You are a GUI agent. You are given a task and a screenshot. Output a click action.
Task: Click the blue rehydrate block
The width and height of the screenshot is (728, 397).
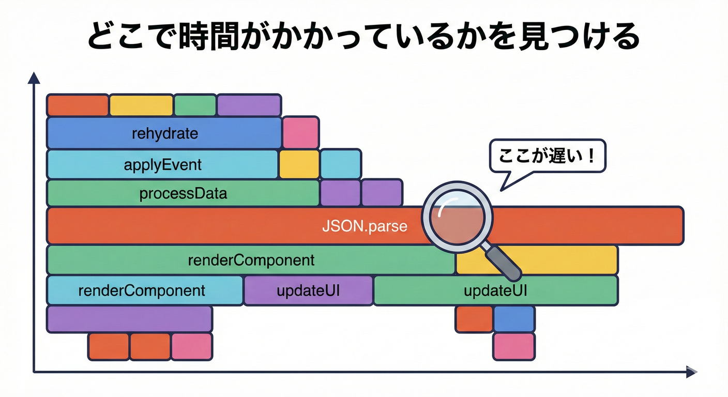tap(164, 133)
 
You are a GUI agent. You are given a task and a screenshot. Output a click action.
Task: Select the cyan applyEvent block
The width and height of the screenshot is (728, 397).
tap(162, 164)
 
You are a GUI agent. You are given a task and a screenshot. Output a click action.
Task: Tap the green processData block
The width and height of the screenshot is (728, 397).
tap(183, 194)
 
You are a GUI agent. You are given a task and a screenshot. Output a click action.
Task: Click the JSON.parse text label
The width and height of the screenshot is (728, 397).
tap(365, 226)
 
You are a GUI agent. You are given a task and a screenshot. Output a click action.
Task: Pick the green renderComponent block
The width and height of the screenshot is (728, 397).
tap(251, 259)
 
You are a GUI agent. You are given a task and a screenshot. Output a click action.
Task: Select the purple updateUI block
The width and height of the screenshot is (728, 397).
tap(308, 290)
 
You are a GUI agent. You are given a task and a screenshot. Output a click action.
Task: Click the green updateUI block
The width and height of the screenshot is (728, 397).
tap(495, 290)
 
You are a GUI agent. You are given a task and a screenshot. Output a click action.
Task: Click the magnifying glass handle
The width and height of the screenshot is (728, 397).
tap(504, 262)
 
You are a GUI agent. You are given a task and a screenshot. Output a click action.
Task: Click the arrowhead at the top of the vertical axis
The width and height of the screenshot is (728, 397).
tap(34, 78)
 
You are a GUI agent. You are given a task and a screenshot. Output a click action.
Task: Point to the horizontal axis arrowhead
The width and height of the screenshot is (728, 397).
tap(691, 371)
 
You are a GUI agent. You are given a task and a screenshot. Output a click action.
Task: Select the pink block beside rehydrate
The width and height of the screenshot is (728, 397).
tap(300, 133)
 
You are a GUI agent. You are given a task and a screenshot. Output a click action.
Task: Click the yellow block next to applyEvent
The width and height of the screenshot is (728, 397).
tap(299, 164)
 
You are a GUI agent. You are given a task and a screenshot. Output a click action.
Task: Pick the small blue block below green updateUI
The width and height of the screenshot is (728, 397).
tap(513, 319)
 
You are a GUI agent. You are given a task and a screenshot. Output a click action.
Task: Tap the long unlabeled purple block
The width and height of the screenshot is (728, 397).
tap(129, 319)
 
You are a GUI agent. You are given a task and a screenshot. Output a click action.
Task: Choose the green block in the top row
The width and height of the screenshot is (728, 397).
tap(195, 105)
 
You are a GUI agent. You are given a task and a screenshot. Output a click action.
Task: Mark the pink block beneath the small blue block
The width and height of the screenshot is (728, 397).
tap(513, 346)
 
